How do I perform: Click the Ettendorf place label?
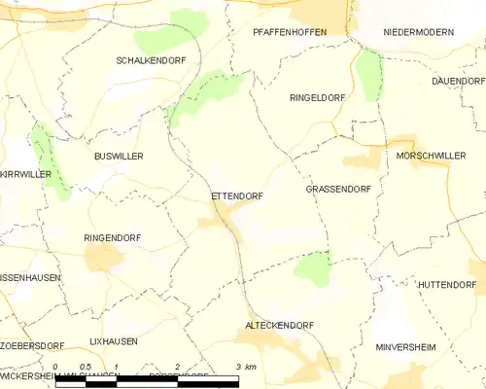pos(236,195)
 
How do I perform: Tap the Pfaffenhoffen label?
pos(290,32)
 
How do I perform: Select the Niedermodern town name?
pos(418,32)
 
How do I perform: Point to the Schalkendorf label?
pos(151,60)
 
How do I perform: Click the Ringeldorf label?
pos(318,98)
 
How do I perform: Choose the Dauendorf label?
pos(459,81)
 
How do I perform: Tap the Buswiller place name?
pos(119,156)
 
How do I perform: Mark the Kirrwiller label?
pos(25,174)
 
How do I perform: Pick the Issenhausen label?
pos(30,278)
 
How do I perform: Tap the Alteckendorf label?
pos(278,325)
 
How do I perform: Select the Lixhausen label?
pos(114,342)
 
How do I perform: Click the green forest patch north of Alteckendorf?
pos(312,267)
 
